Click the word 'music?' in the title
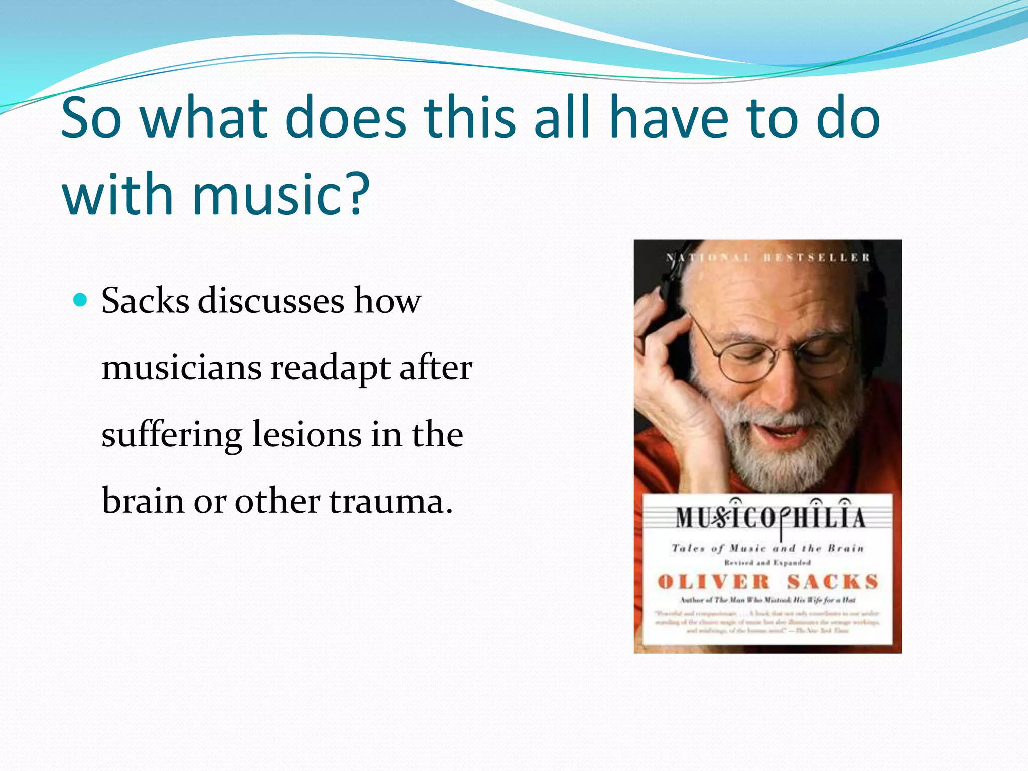point(281,195)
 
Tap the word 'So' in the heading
point(91,118)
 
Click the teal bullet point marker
point(80,300)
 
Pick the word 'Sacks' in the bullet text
point(145,301)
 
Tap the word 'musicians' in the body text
point(181,368)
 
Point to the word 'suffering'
point(172,435)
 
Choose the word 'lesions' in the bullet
point(307,435)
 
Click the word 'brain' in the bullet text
point(143,501)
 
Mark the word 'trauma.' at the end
point(391,501)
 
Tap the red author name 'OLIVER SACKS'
point(768,582)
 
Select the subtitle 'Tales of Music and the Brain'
point(768,548)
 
